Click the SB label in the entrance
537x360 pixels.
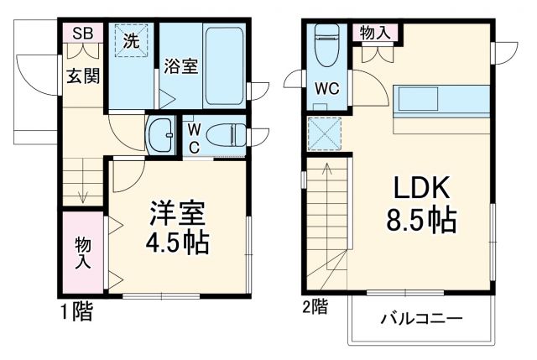(x=82, y=34)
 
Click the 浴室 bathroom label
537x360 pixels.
(x=180, y=65)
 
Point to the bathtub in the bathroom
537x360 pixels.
(x=222, y=63)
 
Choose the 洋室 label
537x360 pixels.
(x=178, y=212)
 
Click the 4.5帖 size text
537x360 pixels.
(x=178, y=244)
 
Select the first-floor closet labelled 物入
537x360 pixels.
(x=83, y=252)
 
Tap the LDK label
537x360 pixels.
(x=420, y=187)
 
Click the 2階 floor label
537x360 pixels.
(x=315, y=307)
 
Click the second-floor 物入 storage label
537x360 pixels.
(x=374, y=33)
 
